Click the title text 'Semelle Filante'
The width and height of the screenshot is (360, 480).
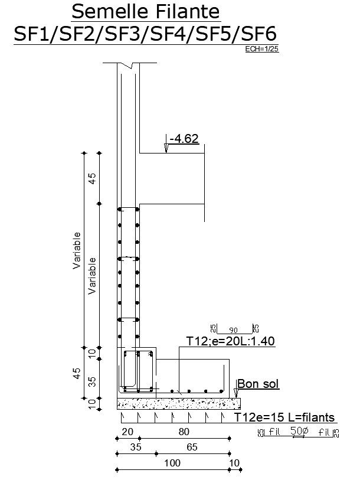pyautogui.click(x=145, y=11)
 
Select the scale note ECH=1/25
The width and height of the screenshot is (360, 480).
pyautogui.click(x=261, y=50)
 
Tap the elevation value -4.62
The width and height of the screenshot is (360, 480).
pyautogui.click(x=184, y=139)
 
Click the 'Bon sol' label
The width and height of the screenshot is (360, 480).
pyautogui.click(x=258, y=384)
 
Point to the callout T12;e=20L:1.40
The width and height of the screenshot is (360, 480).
pyautogui.click(x=231, y=341)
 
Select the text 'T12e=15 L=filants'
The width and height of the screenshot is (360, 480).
pyautogui.click(x=284, y=418)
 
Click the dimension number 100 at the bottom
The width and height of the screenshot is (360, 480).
pyautogui.click(x=172, y=463)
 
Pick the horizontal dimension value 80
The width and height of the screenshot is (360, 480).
pyautogui.click(x=184, y=432)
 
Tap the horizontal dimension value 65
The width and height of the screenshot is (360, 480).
pyautogui.click(x=192, y=448)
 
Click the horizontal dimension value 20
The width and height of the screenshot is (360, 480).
pyautogui.click(x=127, y=432)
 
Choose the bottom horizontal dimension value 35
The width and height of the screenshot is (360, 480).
pyautogui.click(x=136, y=448)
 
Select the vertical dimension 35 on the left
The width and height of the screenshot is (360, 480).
pyautogui.click(x=92, y=382)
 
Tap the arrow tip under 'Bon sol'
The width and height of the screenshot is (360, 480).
pyautogui.click(x=236, y=394)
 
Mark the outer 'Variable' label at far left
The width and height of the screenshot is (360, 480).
pyautogui.click(x=76, y=251)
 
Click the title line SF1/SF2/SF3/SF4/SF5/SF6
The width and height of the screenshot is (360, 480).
pyautogui.click(x=145, y=34)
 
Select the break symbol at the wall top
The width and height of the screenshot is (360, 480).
pyautogui.click(x=129, y=65)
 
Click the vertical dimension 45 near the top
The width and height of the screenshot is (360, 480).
pyautogui.click(x=92, y=179)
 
